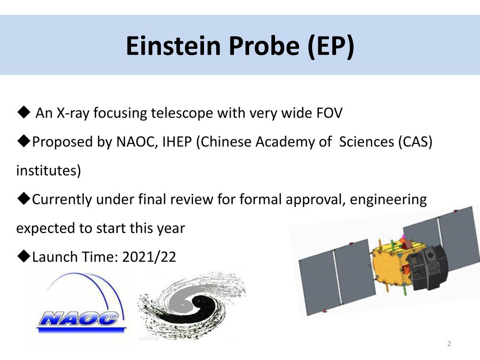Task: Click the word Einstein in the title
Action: [x=173, y=45]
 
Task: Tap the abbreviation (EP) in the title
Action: [x=331, y=46]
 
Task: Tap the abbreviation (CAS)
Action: [x=415, y=142]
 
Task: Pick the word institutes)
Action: [x=49, y=171]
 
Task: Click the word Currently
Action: [x=62, y=200]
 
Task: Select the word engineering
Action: [x=388, y=200]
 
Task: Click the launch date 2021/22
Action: [x=149, y=257]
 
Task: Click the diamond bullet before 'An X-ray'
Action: [x=24, y=112]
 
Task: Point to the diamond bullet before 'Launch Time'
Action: [x=24, y=256]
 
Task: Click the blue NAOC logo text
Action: [x=79, y=318]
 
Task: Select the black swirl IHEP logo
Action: [x=192, y=306]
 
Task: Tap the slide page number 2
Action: [x=449, y=344]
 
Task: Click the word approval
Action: [x=315, y=200]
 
